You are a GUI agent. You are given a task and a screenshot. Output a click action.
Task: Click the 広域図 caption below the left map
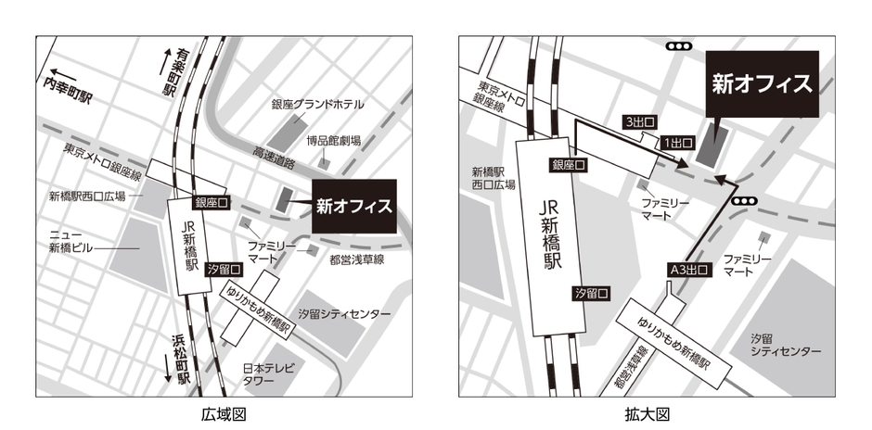point(224,413)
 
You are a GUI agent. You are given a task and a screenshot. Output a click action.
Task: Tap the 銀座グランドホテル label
point(317,104)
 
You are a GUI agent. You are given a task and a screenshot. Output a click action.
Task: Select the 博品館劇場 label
point(333,141)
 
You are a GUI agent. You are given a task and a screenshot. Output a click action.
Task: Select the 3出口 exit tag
point(639,122)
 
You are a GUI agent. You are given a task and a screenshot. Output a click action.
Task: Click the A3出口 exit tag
point(687,271)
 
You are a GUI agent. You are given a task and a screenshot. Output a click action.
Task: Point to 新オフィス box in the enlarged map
point(762,83)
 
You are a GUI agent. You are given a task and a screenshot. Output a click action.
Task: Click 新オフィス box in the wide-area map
point(353,206)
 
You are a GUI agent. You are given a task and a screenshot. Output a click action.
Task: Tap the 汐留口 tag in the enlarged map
point(591,293)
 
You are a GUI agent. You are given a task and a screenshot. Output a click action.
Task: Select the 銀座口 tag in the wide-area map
point(210,202)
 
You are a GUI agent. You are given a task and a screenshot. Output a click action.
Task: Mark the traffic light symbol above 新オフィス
point(682,44)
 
